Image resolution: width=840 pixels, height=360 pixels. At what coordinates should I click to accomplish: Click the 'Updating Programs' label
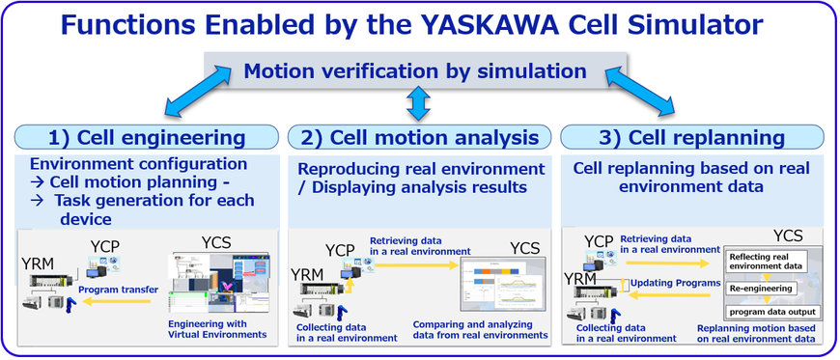673,283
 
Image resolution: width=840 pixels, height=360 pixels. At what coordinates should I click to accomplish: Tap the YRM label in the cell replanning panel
583,279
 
